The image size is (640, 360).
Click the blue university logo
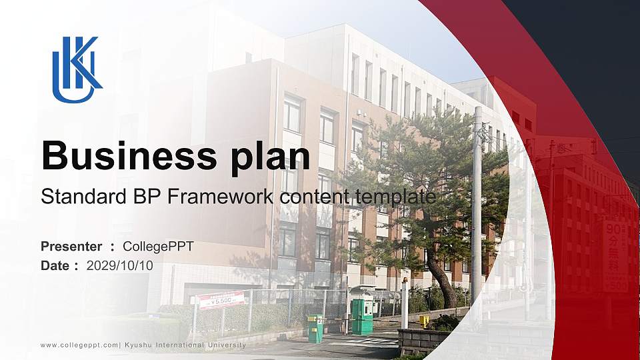point(76,69)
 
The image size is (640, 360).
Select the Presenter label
point(71,247)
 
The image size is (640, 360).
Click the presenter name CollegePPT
point(159,247)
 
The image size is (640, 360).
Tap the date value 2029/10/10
point(120,265)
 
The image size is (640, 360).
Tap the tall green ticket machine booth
point(362,315)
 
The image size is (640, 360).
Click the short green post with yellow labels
point(315,328)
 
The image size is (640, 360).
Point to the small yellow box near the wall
point(424,321)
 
